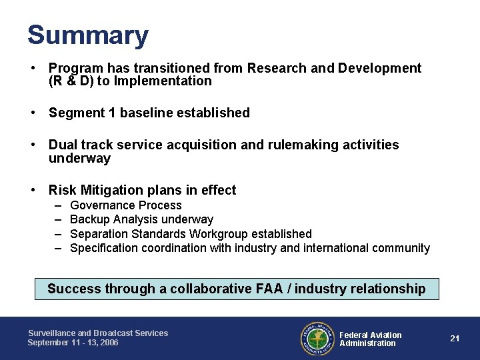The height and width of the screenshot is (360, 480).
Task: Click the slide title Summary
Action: [x=88, y=35]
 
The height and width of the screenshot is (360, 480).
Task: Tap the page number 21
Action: [x=455, y=338]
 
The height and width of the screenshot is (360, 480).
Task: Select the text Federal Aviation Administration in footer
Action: [x=370, y=339]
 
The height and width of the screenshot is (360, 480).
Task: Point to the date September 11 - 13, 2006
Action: [x=73, y=343]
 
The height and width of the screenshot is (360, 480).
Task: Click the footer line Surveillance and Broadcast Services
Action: [x=97, y=333]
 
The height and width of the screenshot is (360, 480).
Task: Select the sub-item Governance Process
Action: [x=125, y=205]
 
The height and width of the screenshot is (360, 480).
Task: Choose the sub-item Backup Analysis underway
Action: [x=141, y=219]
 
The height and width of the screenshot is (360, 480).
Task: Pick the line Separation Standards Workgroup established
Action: [x=191, y=234]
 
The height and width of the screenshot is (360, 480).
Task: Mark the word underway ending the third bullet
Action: [x=79, y=159]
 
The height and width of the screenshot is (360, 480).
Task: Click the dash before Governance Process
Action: [x=58, y=205]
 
